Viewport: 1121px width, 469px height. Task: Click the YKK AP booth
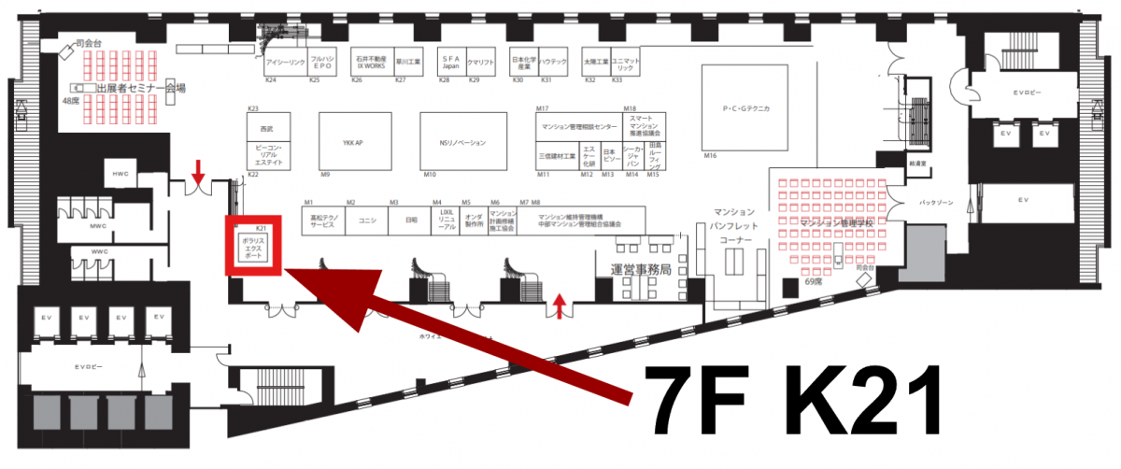tap(352, 142)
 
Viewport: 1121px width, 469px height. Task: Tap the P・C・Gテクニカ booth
tap(745, 109)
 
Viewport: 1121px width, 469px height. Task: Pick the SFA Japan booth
tap(449, 63)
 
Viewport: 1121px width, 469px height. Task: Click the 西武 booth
tap(267, 128)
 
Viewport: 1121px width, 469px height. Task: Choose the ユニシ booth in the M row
tap(367, 221)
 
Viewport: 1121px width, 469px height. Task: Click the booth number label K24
tap(270, 80)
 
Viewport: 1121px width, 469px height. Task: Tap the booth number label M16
tap(710, 155)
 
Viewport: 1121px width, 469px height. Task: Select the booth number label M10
tap(430, 175)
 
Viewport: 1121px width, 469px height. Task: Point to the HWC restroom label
tap(121, 174)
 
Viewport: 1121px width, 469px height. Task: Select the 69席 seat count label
tap(816, 280)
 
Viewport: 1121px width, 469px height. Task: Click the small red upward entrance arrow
tap(560, 305)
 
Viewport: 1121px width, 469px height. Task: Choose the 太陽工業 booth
tap(595, 63)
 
